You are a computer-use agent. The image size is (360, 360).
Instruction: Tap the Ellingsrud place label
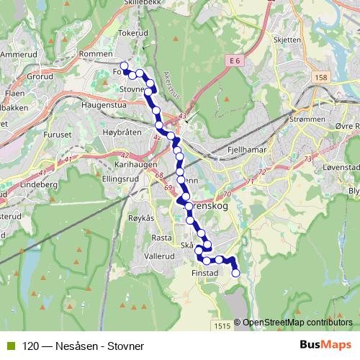coord(120,177)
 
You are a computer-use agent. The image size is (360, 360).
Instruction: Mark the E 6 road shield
coord(234,62)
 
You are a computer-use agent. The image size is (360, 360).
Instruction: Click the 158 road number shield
coord(320,77)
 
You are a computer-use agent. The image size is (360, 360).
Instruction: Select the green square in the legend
coord(8,346)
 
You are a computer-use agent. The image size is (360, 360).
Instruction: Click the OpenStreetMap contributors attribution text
coord(297,323)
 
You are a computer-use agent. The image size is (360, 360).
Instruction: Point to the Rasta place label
coord(161,238)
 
